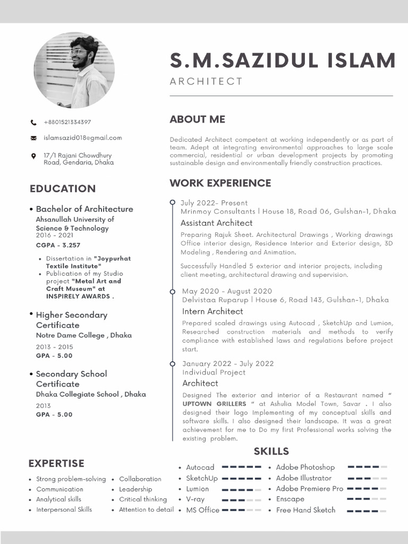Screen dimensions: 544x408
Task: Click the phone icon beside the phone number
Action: (x=33, y=122)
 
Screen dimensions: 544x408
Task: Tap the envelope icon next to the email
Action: (x=33, y=138)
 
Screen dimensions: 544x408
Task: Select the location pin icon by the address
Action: (x=33, y=156)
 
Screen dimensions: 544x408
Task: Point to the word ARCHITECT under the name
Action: (x=206, y=81)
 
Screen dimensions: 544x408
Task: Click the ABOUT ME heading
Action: (x=197, y=120)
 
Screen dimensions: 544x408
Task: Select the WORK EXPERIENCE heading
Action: (x=220, y=183)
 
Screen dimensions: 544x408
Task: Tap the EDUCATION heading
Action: (x=63, y=189)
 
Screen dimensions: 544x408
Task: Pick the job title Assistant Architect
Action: (x=216, y=223)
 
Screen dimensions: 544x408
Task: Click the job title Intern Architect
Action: (x=212, y=311)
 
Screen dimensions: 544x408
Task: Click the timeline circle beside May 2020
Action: (x=172, y=292)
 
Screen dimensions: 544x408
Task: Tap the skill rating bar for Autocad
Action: (x=241, y=467)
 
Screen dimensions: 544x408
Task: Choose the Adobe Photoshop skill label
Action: (x=305, y=467)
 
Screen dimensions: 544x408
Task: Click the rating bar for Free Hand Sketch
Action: (x=367, y=511)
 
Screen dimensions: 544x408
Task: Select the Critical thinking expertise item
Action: (x=142, y=499)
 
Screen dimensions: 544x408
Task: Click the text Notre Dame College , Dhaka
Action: (x=84, y=335)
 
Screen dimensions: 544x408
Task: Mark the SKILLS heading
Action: (x=271, y=452)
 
